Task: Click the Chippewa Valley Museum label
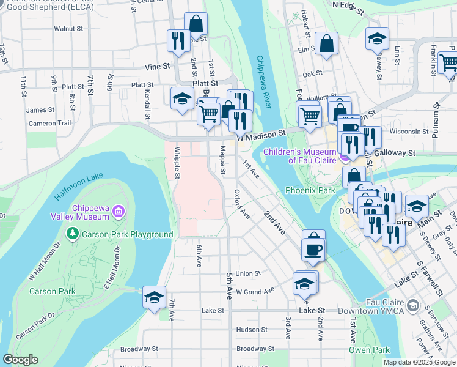[x=91, y=212]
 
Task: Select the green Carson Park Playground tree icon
[x=73, y=234]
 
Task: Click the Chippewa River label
[x=263, y=82]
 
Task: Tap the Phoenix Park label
[x=310, y=190]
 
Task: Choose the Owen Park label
[x=369, y=350]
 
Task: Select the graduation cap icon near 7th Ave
[x=154, y=297]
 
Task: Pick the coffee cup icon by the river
[x=313, y=249]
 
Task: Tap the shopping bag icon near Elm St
[x=327, y=43]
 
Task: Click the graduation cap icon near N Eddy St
[x=377, y=38]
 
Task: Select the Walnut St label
[x=68, y=29]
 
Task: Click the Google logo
[x=20, y=360]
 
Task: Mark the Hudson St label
[x=248, y=330]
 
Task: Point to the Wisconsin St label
[x=409, y=132]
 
